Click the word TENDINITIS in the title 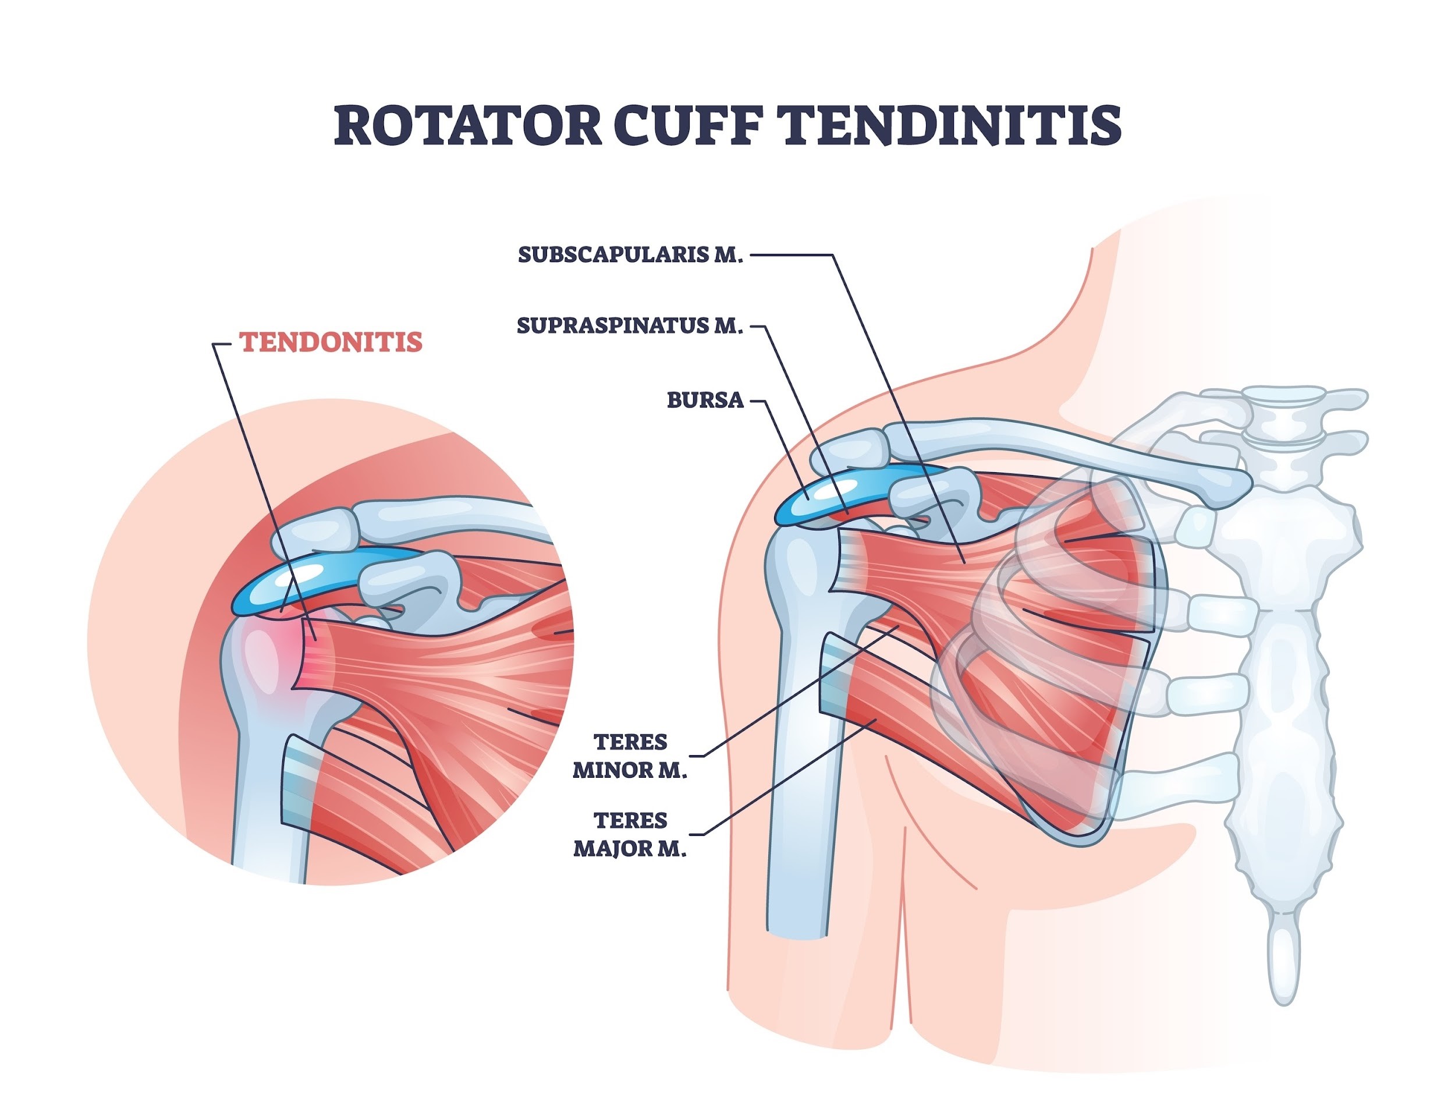click(x=950, y=126)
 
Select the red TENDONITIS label click(x=331, y=342)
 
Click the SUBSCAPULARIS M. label click(x=630, y=255)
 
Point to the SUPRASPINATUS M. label click(x=630, y=326)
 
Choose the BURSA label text click(x=705, y=400)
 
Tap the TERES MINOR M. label click(x=630, y=756)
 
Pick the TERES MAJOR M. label click(x=630, y=834)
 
